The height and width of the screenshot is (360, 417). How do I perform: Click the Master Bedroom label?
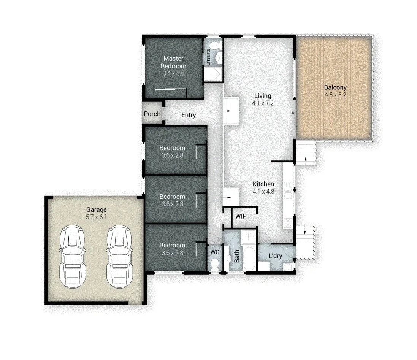pyautogui.click(x=173, y=62)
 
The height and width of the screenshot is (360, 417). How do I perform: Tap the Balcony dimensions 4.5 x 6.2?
pyautogui.click(x=335, y=95)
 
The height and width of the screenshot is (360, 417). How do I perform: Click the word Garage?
pyautogui.click(x=96, y=209)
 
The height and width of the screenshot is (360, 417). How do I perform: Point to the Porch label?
pyautogui.click(x=152, y=114)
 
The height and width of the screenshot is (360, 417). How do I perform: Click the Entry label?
pyautogui.click(x=189, y=115)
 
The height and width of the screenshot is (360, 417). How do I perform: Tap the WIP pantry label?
pyautogui.click(x=241, y=216)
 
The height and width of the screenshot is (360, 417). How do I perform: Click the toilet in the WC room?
pyautogui.click(x=214, y=263)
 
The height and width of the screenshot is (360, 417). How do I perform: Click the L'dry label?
pyautogui.click(x=275, y=256)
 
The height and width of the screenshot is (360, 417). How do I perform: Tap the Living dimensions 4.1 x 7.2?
pyautogui.click(x=263, y=103)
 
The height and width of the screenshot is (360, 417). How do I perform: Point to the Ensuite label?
pyautogui.click(x=208, y=57)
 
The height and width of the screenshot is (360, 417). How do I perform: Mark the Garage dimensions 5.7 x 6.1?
pyautogui.click(x=96, y=217)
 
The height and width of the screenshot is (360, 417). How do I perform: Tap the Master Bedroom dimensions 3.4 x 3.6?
pyautogui.click(x=173, y=73)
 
